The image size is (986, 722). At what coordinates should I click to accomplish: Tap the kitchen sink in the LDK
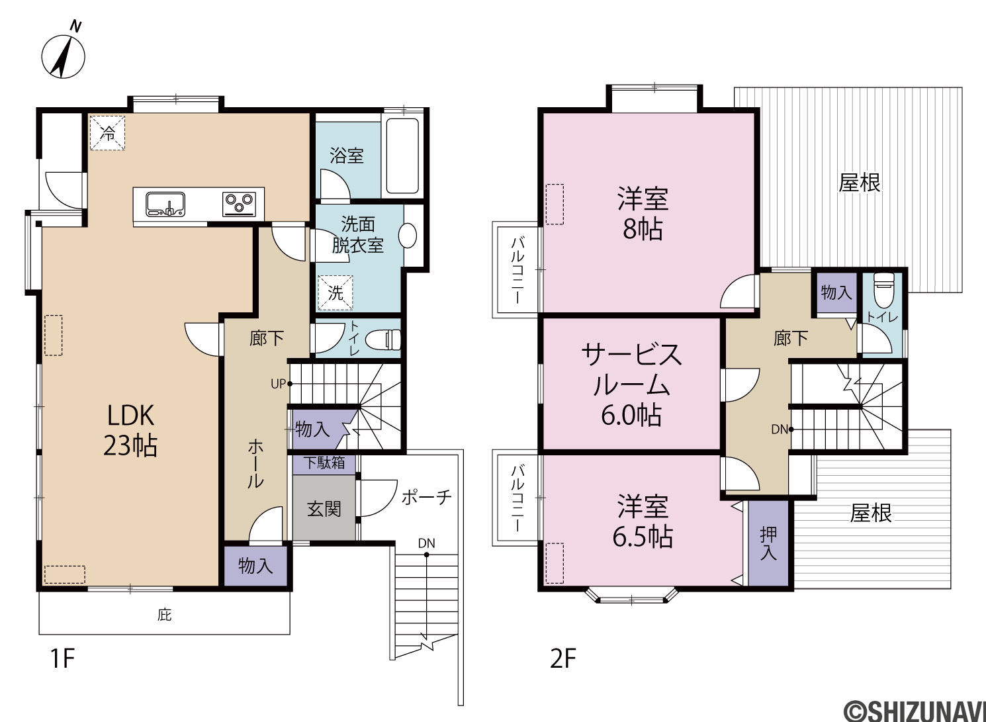click(165, 204)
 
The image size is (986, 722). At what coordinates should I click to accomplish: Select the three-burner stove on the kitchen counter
click(239, 204)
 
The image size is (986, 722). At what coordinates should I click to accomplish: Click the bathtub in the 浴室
click(402, 156)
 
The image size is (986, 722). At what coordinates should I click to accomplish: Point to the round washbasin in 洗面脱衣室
click(408, 236)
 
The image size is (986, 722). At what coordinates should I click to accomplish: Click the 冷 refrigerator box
click(107, 133)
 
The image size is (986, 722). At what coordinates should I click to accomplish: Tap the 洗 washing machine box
click(336, 293)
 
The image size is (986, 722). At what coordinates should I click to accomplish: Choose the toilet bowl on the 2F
click(884, 290)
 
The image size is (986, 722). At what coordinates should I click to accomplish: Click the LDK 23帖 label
click(130, 431)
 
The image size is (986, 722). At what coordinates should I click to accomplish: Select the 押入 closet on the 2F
click(768, 543)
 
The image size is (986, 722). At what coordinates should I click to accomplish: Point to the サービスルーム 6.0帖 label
click(632, 384)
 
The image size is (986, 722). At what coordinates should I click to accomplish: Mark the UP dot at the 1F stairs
click(290, 384)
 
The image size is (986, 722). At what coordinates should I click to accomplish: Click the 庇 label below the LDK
click(164, 615)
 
